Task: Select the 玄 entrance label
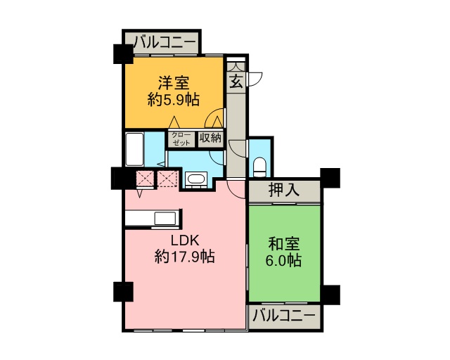(236, 81)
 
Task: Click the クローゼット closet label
(181, 139)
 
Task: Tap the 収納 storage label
(210, 138)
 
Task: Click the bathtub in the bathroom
(135, 149)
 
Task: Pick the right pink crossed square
(166, 179)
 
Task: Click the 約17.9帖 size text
(184, 257)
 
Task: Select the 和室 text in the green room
(284, 244)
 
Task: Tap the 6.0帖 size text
(284, 261)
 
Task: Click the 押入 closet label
(284, 190)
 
